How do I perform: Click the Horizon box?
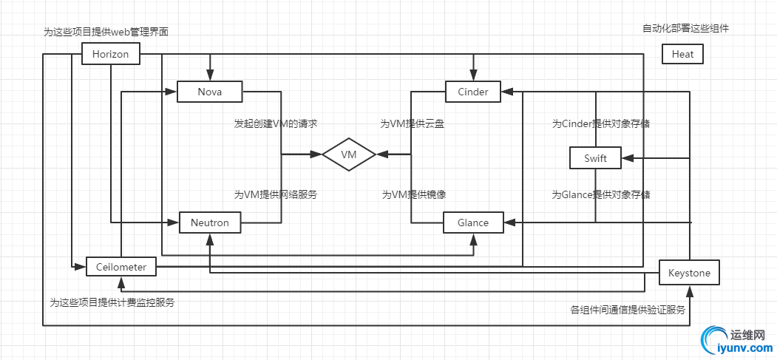tap(110, 54)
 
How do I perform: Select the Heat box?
tap(682, 54)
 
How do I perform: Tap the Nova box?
tap(209, 92)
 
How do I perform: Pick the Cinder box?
tap(472, 92)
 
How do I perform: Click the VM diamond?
tap(349, 154)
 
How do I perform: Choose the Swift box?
tap(595, 158)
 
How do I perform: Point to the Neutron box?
tap(210, 223)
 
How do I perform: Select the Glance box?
tap(473, 223)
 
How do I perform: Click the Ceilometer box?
tap(121, 267)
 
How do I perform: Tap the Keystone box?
tap(688, 273)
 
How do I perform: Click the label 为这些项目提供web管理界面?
tap(111, 33)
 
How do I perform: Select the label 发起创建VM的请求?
tap(276, 123)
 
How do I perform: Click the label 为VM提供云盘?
tap(413, 123)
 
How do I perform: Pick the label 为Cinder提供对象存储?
tap(601, 123)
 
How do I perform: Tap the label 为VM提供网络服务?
tap(276, 194)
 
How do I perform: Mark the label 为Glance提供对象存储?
tap(601, 194)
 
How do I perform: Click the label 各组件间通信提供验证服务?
tap(628, 310)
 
